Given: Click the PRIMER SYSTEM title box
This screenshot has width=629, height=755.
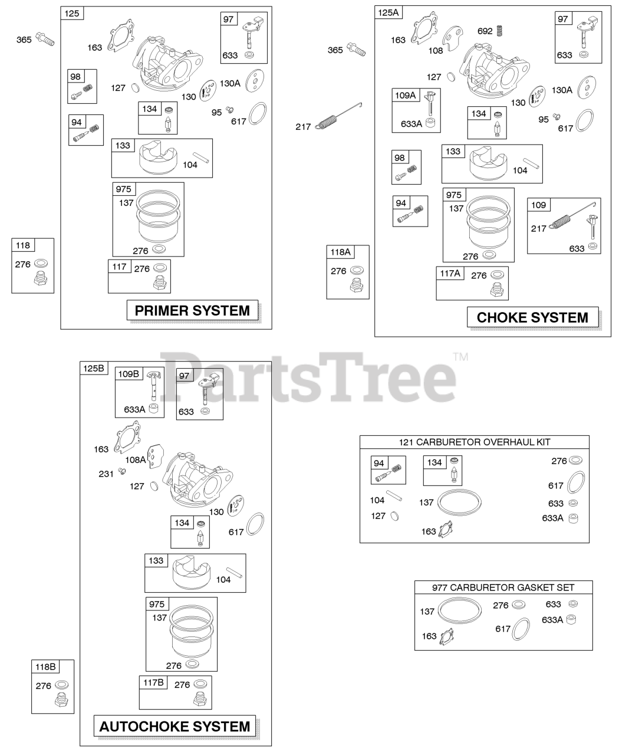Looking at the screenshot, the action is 192,310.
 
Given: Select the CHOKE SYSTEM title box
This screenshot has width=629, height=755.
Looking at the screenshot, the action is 532,317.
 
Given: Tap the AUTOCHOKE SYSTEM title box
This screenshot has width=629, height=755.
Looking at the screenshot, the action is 174,726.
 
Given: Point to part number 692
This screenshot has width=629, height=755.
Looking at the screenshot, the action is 485,31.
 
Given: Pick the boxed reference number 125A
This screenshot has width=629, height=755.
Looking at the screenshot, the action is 388,12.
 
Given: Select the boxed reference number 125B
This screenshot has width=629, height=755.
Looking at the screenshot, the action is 93,368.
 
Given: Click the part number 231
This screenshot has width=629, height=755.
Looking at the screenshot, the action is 106,474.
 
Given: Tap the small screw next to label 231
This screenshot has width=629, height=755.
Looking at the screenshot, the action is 123,471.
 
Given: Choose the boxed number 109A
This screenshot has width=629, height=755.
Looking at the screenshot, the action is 405,96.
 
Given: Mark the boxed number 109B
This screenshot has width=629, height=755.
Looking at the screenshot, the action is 129,373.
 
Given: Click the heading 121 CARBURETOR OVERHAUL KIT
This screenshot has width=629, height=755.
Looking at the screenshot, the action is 474,442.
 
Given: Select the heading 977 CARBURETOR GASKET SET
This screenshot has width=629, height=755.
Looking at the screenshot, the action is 503,587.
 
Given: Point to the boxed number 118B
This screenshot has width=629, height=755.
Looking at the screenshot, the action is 45,667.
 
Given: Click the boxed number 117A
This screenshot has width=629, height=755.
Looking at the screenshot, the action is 450,273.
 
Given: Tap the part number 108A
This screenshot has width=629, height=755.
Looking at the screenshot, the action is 135,459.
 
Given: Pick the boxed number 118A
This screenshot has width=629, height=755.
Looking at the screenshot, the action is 340,252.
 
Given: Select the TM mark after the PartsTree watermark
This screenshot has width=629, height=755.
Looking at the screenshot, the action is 460,356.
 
